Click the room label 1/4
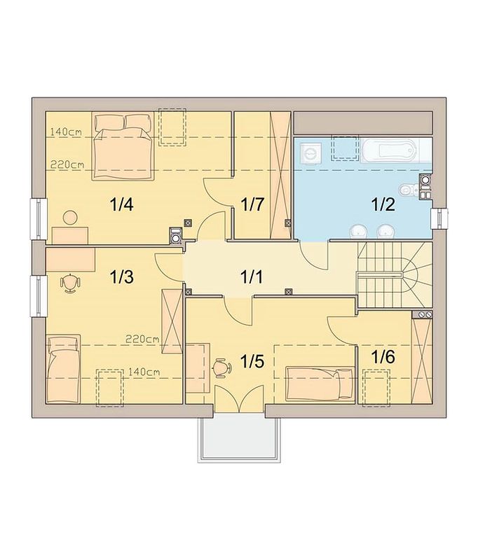[121, 204]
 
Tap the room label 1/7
[252, 204]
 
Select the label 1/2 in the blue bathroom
[383, 204]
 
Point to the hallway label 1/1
[251, 276]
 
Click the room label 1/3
[121, 276]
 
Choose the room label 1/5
[252, 361]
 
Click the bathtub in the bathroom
[389, 150]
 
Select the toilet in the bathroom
[409, 189]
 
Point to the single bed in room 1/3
[63, 369]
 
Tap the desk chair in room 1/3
[70, 283]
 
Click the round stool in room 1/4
[70, 218]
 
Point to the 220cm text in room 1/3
[142, 339]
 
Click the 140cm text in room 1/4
[66, 132]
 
